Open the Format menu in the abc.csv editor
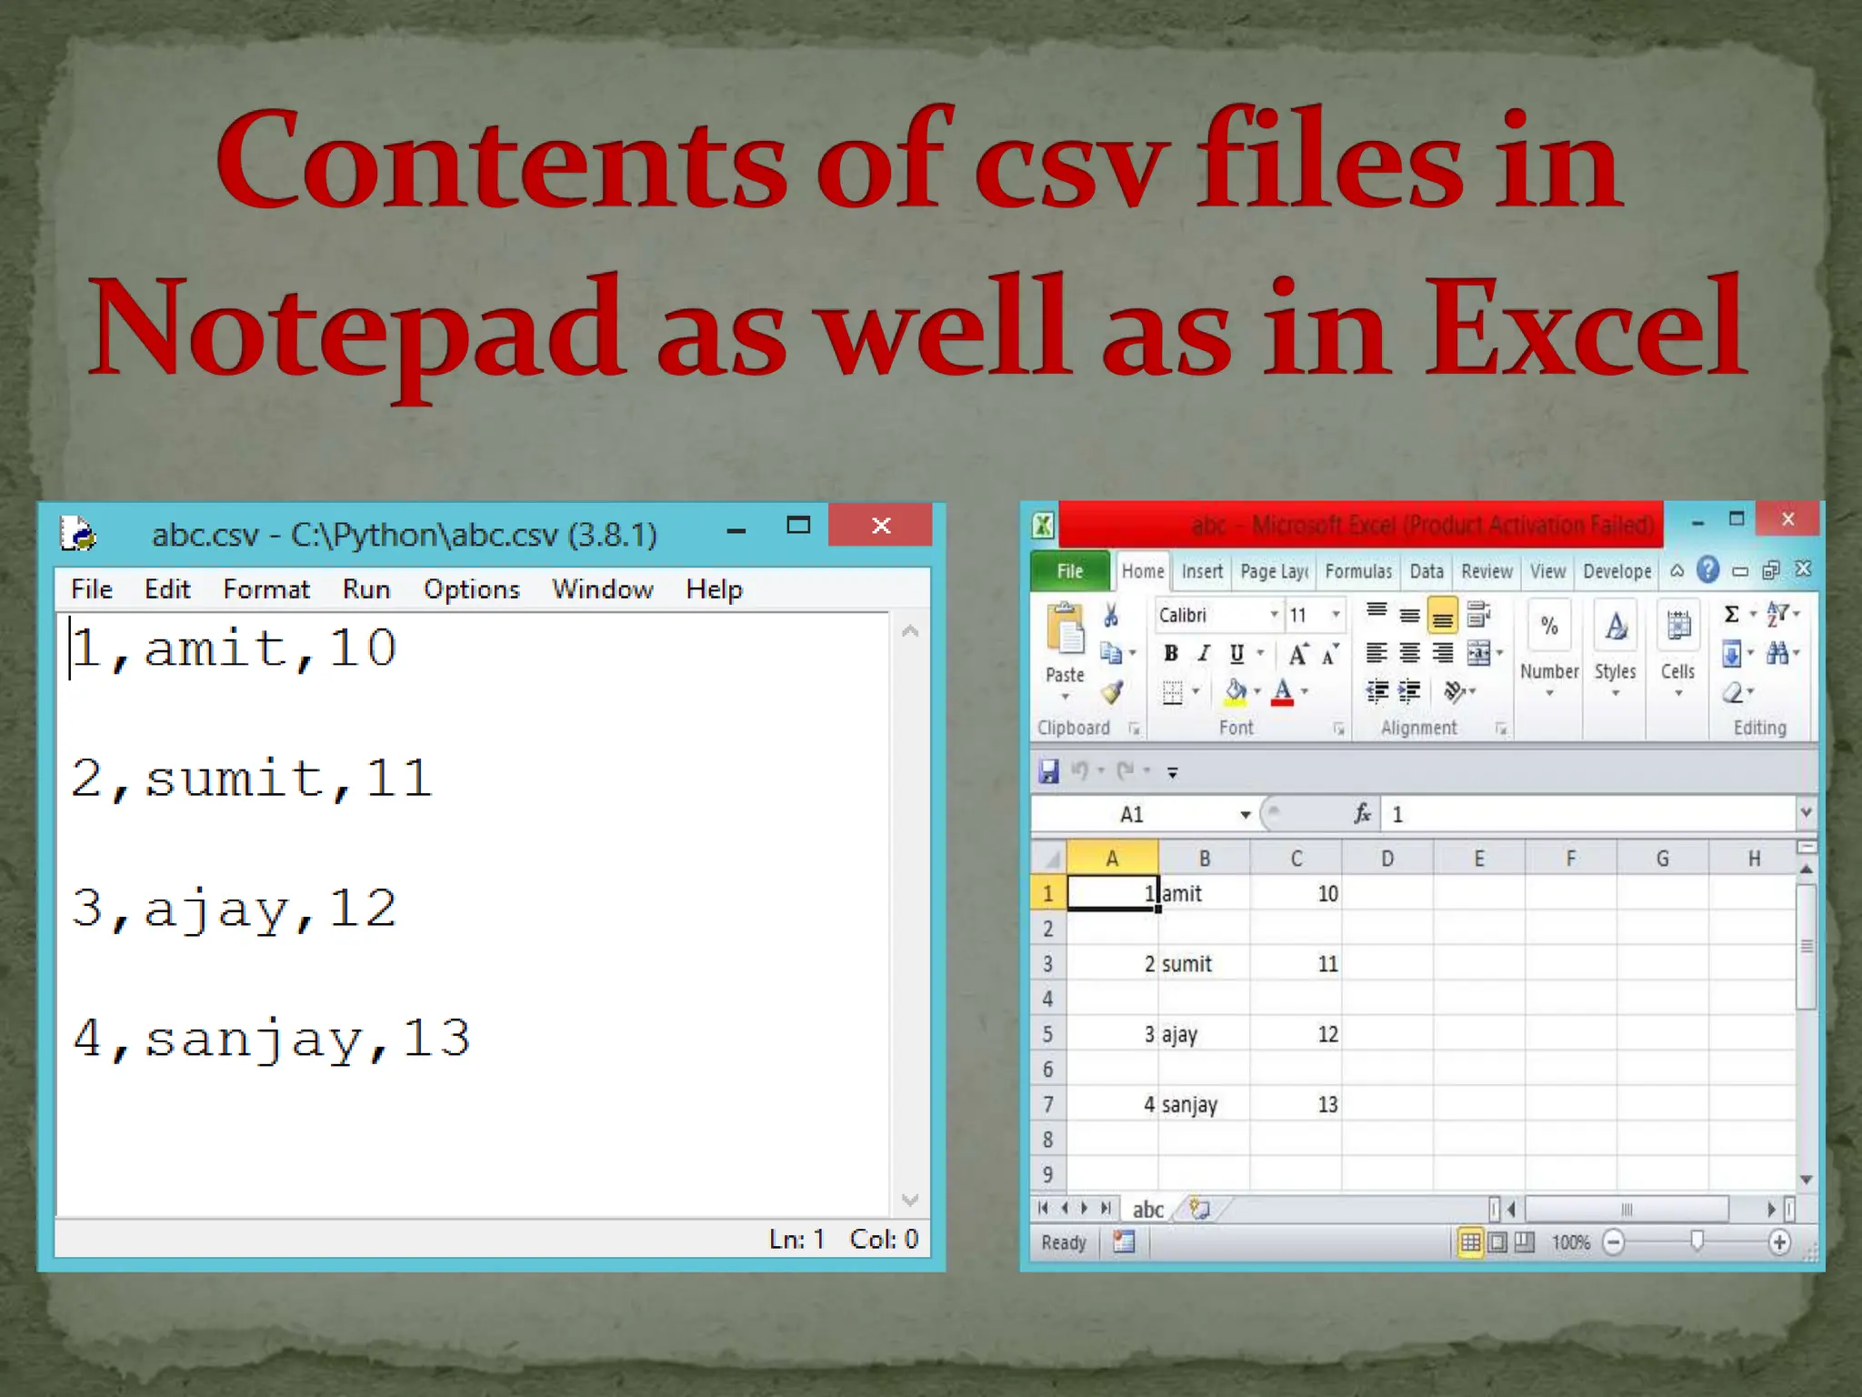[266, 589]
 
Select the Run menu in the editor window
[365, 589]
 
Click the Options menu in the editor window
[471, 589]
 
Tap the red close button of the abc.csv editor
[880, 526]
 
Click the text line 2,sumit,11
[251, 779]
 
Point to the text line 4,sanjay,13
[271, 1039]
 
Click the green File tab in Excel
[1069, 571]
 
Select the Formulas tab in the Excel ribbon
[1358, 571]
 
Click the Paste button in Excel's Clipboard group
[1066, 646]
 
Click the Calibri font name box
[1213, 616]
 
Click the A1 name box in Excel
[1133, 815]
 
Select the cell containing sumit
[1204, 964]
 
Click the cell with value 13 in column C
[1296, 1105]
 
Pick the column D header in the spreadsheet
[1387, 859]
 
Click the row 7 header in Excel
[1048, 1105]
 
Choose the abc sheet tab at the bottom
[1147, 1210]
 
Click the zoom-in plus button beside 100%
[1779, 1242]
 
